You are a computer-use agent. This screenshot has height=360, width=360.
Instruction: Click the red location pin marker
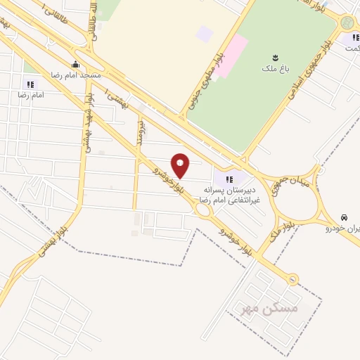point(181,165)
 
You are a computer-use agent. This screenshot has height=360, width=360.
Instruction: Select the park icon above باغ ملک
point(275,57)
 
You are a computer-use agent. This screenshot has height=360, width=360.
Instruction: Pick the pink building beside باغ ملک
point(233,47)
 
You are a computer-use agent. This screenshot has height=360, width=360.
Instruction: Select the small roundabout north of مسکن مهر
point(292,279)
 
